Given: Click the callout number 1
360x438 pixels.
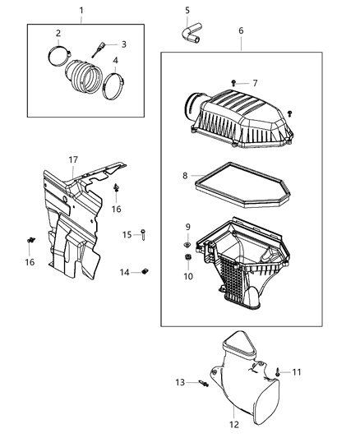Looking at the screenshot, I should point(81,10).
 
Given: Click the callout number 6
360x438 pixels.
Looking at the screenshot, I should point(240,30).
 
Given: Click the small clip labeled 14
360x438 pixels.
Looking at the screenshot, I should point(145,271).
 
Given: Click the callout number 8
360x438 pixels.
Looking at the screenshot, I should point(187,175).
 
